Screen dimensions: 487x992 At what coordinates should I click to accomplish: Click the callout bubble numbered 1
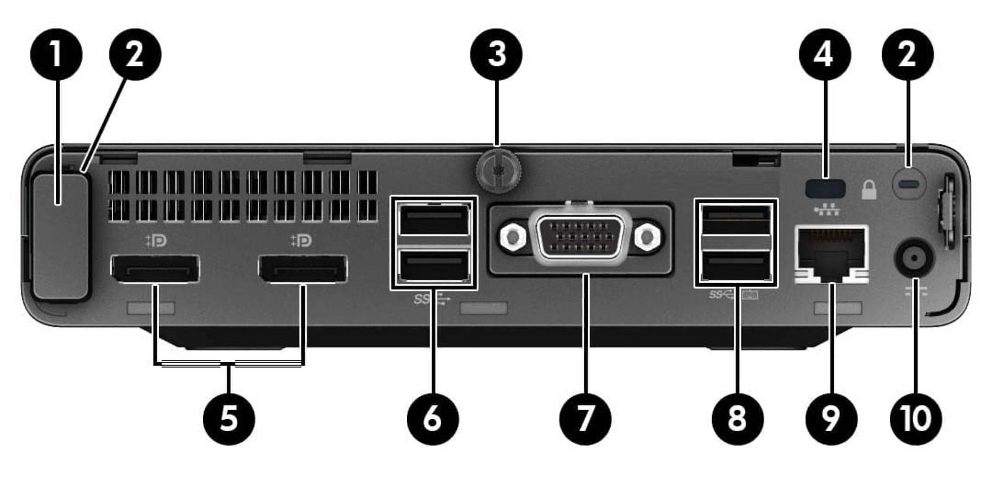pyautogui.click(x=56, y=54)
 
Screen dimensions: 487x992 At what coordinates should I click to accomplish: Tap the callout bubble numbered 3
pyautogui.click(x=496, y=54)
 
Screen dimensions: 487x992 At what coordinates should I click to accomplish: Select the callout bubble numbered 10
pyautogui.click(x=916, y=419)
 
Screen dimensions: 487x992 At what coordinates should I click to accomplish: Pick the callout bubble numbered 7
pyautogui.click(x=585, y=419)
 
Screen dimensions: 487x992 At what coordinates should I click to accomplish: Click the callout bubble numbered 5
pyautogui.click(x=229, y=419)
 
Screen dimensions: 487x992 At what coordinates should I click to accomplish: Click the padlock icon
pyautogui.click(x=869, y=190)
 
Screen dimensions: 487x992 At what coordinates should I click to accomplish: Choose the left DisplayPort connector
pyautogui.click(x=155, y=269)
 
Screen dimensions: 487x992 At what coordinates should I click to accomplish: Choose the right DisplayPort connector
pyautogui.click(x=303, y=269)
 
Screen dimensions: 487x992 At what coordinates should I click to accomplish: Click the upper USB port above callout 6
pyautogui.click(x=434, y=220)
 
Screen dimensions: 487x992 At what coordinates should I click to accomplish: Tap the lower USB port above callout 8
pyautogui.click(x=736, y=266)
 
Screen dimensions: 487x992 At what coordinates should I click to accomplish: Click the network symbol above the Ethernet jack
pyautogui.click(x=826, y=210)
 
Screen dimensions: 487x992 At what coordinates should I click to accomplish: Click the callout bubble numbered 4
pyautogui.click(x=825, y=54)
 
